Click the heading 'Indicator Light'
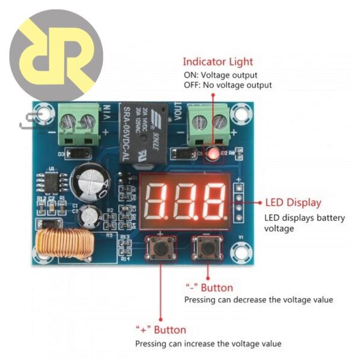pos(218,61)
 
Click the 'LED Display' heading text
pos(293,203)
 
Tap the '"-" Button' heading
pos(208,288)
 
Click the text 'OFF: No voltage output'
pos(227,85)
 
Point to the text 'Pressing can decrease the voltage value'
pos(258,299)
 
